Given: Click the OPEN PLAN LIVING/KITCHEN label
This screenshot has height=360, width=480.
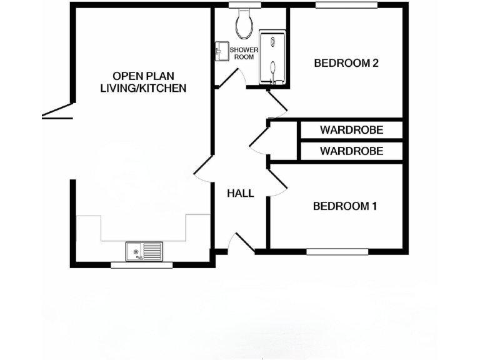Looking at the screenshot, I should (x=143, y=81).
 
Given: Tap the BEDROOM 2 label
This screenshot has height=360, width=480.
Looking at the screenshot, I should (x=346, y=62).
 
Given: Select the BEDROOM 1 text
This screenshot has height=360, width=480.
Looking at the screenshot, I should (x=345, y=206).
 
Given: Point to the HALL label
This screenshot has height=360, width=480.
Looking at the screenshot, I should (x=241, y=193).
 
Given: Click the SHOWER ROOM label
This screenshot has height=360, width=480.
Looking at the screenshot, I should (x=244, y=53).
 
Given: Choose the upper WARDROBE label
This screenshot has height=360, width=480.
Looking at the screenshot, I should (x=351, y=130).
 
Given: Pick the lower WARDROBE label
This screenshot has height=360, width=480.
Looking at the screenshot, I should (x=351, y=151).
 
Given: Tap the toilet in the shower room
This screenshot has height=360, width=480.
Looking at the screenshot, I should (x=244, y=23).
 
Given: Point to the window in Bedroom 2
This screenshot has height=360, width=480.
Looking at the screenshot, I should (x=346, y=6).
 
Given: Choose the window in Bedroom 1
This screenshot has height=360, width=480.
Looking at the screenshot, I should (x=337, y=252).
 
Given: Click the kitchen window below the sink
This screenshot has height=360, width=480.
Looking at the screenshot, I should (x=141, y=265).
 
